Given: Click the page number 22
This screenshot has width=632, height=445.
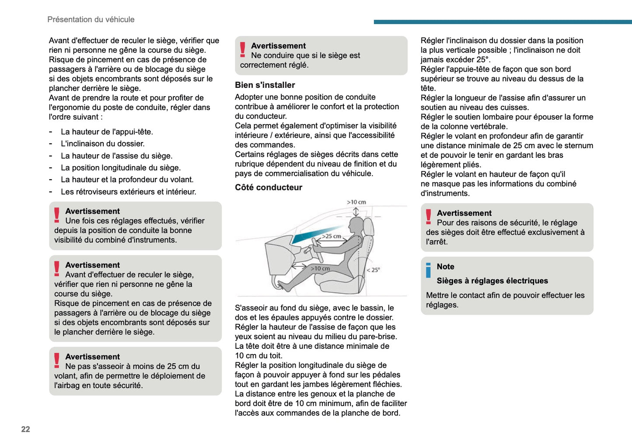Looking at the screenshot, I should click(x=25, y=429).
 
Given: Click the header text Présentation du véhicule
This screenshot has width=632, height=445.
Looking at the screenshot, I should click(x=91, y=20).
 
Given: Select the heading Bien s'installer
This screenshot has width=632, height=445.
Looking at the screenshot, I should click(x=265, y=85).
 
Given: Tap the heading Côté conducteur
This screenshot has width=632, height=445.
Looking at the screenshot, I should click(x=269, y=188).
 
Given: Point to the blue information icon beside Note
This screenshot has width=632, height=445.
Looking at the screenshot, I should click(x=428, y=270).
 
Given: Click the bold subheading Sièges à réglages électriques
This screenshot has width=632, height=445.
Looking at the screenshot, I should click(x=492, y=281).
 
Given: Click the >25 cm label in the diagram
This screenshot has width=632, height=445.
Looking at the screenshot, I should click(x=332, y=236).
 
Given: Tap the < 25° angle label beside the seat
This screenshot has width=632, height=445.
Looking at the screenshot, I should click(x=373, y=270).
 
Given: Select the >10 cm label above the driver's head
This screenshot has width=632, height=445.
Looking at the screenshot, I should click(x=356, y=202).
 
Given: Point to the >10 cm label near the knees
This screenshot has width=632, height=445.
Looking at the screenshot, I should click(x=321, y=268).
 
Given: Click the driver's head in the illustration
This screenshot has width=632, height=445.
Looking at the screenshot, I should click(x=356, y=226).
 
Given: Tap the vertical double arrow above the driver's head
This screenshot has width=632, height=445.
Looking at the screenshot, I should click(x=356, y=212).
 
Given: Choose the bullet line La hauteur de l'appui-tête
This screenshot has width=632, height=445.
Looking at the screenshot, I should click(x=107, y=132).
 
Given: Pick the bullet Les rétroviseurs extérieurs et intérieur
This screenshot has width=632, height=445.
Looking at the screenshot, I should click(x=128, y=192).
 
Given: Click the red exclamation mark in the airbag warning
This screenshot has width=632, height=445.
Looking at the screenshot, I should click(x=57, y=360).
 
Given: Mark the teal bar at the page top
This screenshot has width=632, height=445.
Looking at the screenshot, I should click(x=503, y=22).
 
